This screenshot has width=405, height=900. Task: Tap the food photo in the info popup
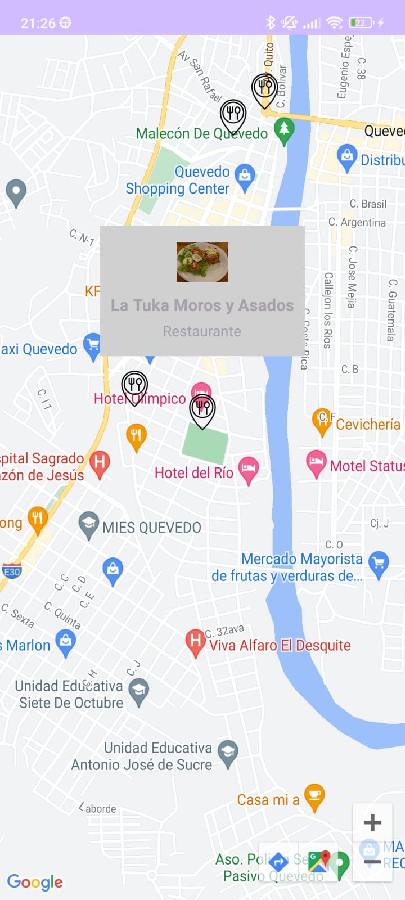[202, 262]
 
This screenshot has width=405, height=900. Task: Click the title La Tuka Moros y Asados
[202, 305]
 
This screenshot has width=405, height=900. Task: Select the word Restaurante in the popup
[202, 331]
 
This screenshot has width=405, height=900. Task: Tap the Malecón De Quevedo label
[201, 133]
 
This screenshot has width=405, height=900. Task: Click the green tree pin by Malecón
[284, 130]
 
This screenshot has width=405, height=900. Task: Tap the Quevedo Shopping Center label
[178, 180]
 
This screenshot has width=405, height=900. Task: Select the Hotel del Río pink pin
[248, 470]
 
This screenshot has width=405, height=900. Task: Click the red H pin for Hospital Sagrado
[100, 463]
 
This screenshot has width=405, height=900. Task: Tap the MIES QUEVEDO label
[151, 528]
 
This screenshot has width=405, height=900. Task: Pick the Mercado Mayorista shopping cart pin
[379, 564]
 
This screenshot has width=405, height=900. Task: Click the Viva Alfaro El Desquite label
[280, 645]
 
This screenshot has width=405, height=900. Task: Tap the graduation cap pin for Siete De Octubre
[138, 691]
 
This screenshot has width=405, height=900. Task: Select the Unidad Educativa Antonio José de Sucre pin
[228, 754]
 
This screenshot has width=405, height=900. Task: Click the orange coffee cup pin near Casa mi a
[314, 796]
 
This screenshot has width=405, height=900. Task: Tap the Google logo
[35, 882]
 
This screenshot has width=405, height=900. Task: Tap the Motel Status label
[367, 466]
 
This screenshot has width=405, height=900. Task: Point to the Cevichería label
[368, 424]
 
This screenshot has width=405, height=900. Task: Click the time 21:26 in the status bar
[38, 23]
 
